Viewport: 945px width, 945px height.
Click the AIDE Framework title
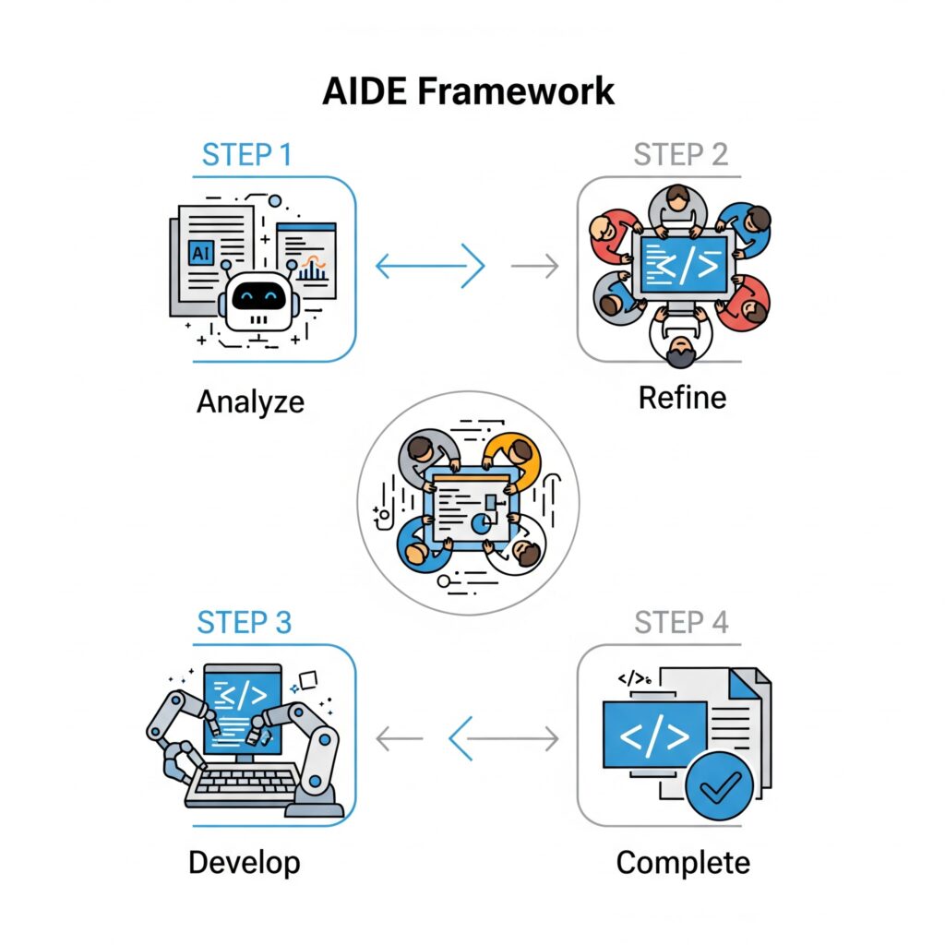468,91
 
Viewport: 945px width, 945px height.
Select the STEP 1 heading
247,155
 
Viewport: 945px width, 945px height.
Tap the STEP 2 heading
680,155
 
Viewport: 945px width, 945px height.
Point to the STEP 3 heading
244,623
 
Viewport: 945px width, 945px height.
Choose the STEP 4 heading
681,623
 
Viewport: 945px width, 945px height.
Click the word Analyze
250,402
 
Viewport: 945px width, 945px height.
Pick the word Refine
682,398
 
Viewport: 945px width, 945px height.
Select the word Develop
244,863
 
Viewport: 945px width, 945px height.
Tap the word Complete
683,863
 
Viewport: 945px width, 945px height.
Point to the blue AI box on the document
201,253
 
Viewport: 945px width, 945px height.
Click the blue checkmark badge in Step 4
719,785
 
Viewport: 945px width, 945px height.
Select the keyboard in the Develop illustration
243,784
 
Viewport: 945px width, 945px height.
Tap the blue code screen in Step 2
684,265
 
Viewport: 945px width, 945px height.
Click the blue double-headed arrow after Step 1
430,266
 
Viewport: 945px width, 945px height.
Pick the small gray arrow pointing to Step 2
534,266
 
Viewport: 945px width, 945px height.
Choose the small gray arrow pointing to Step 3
399,739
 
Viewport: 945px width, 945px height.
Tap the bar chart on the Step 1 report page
312,270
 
